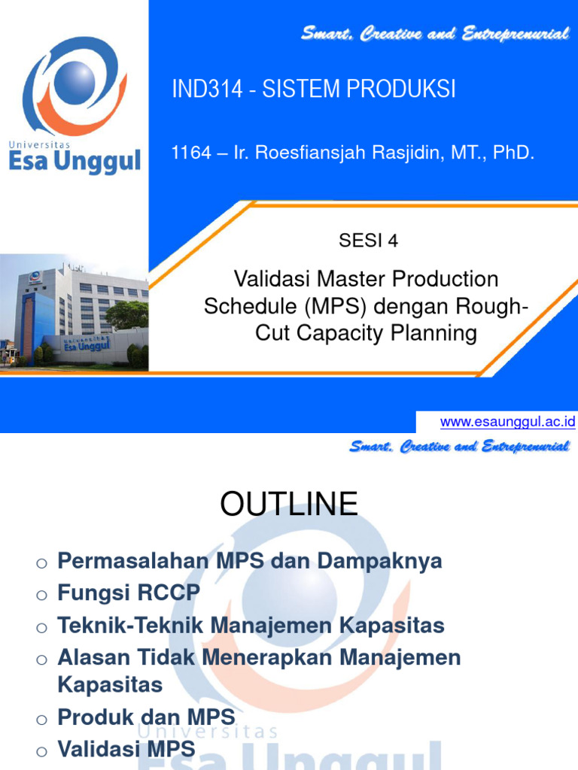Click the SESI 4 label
[x=369, y=241]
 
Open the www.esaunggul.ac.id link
[x=507, y=422]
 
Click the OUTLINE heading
[x=289, y=504]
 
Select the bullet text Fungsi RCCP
[x=129, y=593]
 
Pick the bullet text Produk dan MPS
[x=146, y=717]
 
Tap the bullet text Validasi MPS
[x=126, y=749]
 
